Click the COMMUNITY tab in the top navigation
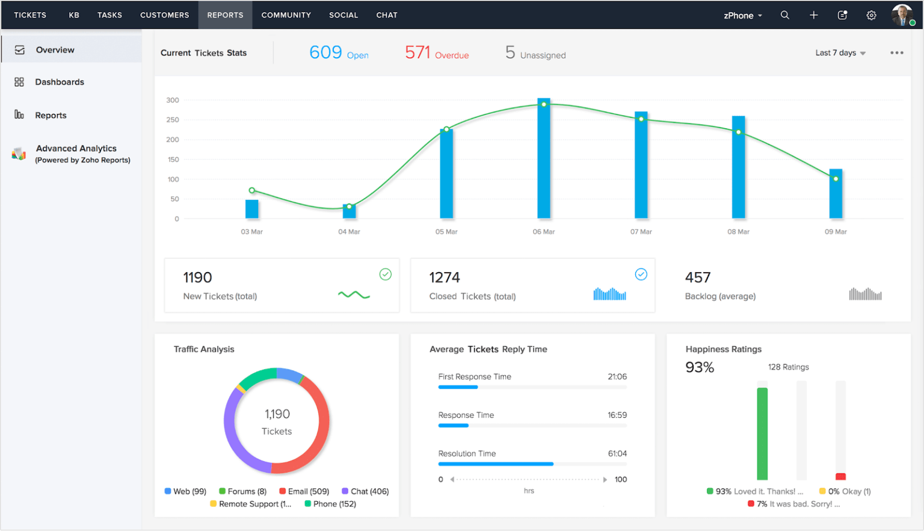[286, 15]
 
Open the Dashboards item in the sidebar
[59, 82]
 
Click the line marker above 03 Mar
[252, 190]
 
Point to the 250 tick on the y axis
[173, 120]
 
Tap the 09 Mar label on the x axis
[836, 232]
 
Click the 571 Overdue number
[417, 53]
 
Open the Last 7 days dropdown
[840, 53]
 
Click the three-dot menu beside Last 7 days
[896, 53]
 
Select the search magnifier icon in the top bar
[785, 15]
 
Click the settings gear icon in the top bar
[871, 15]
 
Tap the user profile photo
[902, 15]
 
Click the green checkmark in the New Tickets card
[386, 275]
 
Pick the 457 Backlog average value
[698, 278]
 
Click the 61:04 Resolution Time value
[617, 453]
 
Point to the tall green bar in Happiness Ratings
[762, 433]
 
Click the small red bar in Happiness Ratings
[840, 476]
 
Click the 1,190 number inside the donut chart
[277, 414]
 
